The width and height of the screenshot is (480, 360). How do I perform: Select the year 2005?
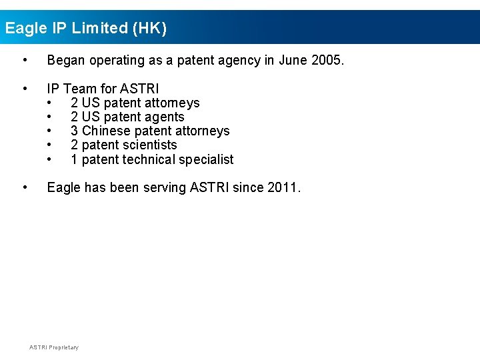[328, 61]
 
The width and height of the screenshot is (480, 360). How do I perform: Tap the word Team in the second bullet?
[80, 89]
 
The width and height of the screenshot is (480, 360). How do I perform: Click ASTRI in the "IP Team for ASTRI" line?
[139, 89]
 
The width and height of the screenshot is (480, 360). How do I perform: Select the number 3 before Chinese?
[74, 131]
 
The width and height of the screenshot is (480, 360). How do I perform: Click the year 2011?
[283, 187]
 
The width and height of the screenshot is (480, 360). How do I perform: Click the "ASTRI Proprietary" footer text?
[54, 347]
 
